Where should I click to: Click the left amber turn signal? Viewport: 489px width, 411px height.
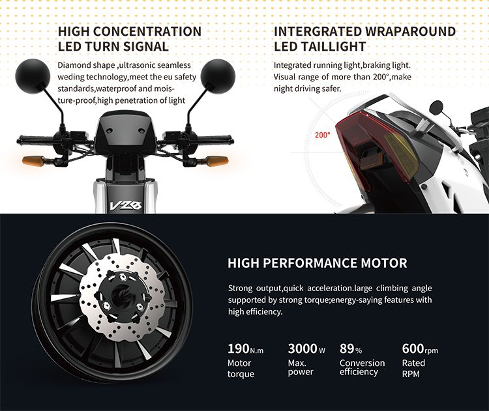[32, 160]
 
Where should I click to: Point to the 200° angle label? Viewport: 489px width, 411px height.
[323, 135]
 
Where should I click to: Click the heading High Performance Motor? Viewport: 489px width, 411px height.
[317, 263]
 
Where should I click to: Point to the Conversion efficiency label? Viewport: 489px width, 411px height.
[362, 367]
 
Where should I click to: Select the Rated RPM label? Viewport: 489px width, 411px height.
[414, 367]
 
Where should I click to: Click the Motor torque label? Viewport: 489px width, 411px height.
[241, 369]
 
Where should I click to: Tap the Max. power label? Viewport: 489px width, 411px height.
[301, 367]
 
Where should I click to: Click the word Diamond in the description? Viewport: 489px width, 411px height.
[74, 65]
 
